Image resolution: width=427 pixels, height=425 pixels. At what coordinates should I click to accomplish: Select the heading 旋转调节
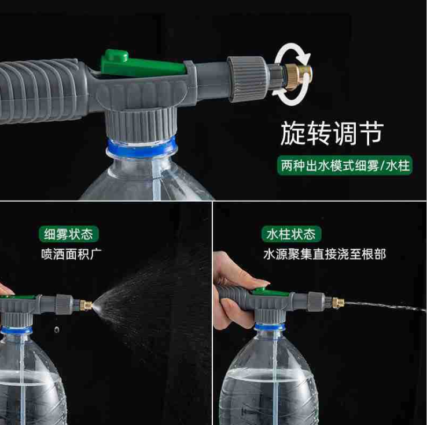tap(332, 134)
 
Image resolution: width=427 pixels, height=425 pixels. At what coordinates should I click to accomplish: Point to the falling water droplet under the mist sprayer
tap(56, 330)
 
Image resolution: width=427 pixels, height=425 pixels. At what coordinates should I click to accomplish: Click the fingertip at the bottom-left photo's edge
tap(5, 289)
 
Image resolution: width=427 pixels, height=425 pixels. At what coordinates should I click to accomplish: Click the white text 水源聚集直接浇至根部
tap(323, 254)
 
